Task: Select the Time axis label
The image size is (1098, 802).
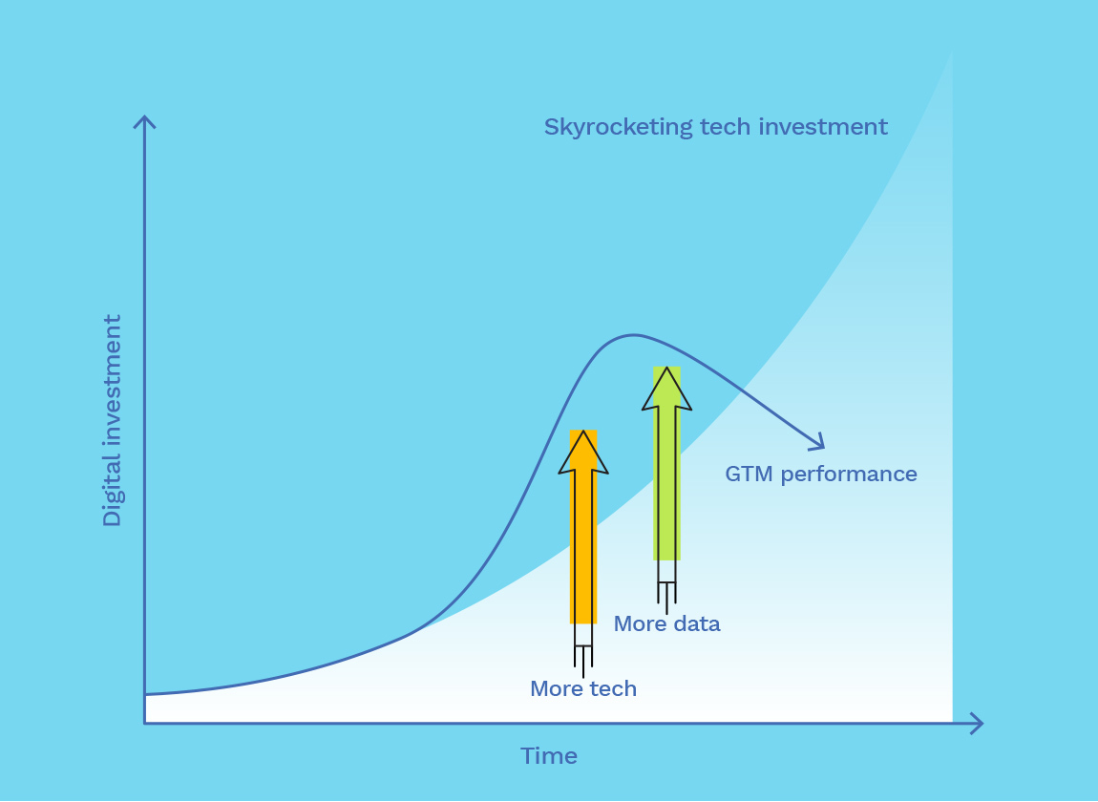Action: [549, 756]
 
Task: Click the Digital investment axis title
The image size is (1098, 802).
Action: [112, 420]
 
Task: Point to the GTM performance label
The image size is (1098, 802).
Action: [821, 475]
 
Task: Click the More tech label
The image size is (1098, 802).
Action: [583, 688]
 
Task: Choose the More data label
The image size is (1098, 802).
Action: [666, 623]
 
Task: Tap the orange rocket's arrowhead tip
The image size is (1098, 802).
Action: [583, 431]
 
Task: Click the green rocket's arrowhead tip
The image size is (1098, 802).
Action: [666, 367]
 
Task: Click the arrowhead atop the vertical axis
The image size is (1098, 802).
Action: [144, 117]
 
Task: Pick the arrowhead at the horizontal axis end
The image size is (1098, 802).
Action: [982, 723]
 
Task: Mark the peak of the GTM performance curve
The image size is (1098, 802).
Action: [633, 335]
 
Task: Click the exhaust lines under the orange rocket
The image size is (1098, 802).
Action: [583, 662]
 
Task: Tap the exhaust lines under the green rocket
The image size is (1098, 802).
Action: [666, 598]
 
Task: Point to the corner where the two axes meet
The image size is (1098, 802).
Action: [145, 723]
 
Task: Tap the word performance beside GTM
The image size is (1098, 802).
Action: [849, 475]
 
